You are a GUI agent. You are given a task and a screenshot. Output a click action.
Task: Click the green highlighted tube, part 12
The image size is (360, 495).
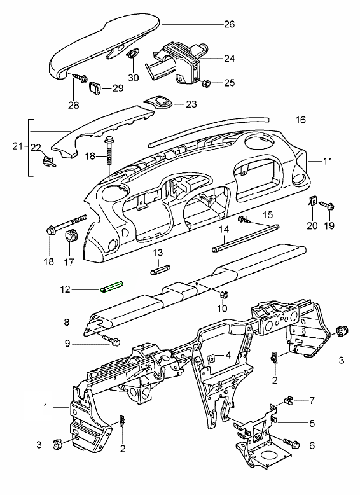(x=112, y=287)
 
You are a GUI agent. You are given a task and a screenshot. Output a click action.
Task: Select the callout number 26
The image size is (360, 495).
(x=230, y=24)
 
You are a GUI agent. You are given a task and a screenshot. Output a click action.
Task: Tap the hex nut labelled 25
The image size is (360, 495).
(x=206, y=83)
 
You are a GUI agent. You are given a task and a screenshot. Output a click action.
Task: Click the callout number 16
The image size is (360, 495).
(x=300, y=120)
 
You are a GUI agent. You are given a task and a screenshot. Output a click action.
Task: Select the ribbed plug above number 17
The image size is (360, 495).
(x=71, y=236)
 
